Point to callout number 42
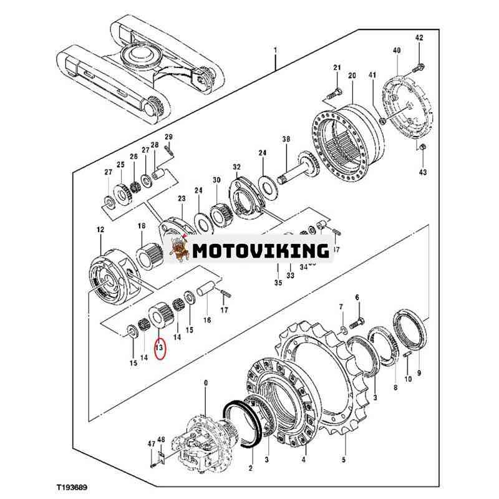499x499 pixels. [419, 38]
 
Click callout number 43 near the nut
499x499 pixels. [423, 172]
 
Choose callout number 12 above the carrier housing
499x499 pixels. [100, 230]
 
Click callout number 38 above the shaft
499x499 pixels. [286, 140]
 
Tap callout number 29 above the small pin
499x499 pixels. [168, 137]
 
